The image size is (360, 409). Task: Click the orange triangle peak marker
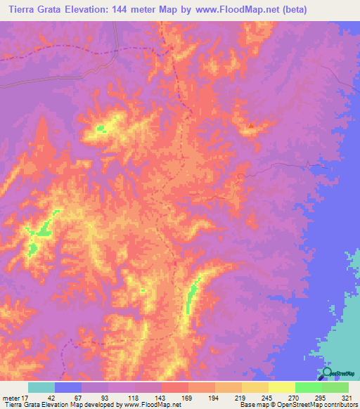click(x=250, y=126)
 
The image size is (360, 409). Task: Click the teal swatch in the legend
click(x=41, y=387)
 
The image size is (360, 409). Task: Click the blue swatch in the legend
click(x=68, y=387)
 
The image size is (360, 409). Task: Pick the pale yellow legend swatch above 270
click(x=281, y=387)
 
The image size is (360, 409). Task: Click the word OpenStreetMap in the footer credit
click(x=295, y=405)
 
